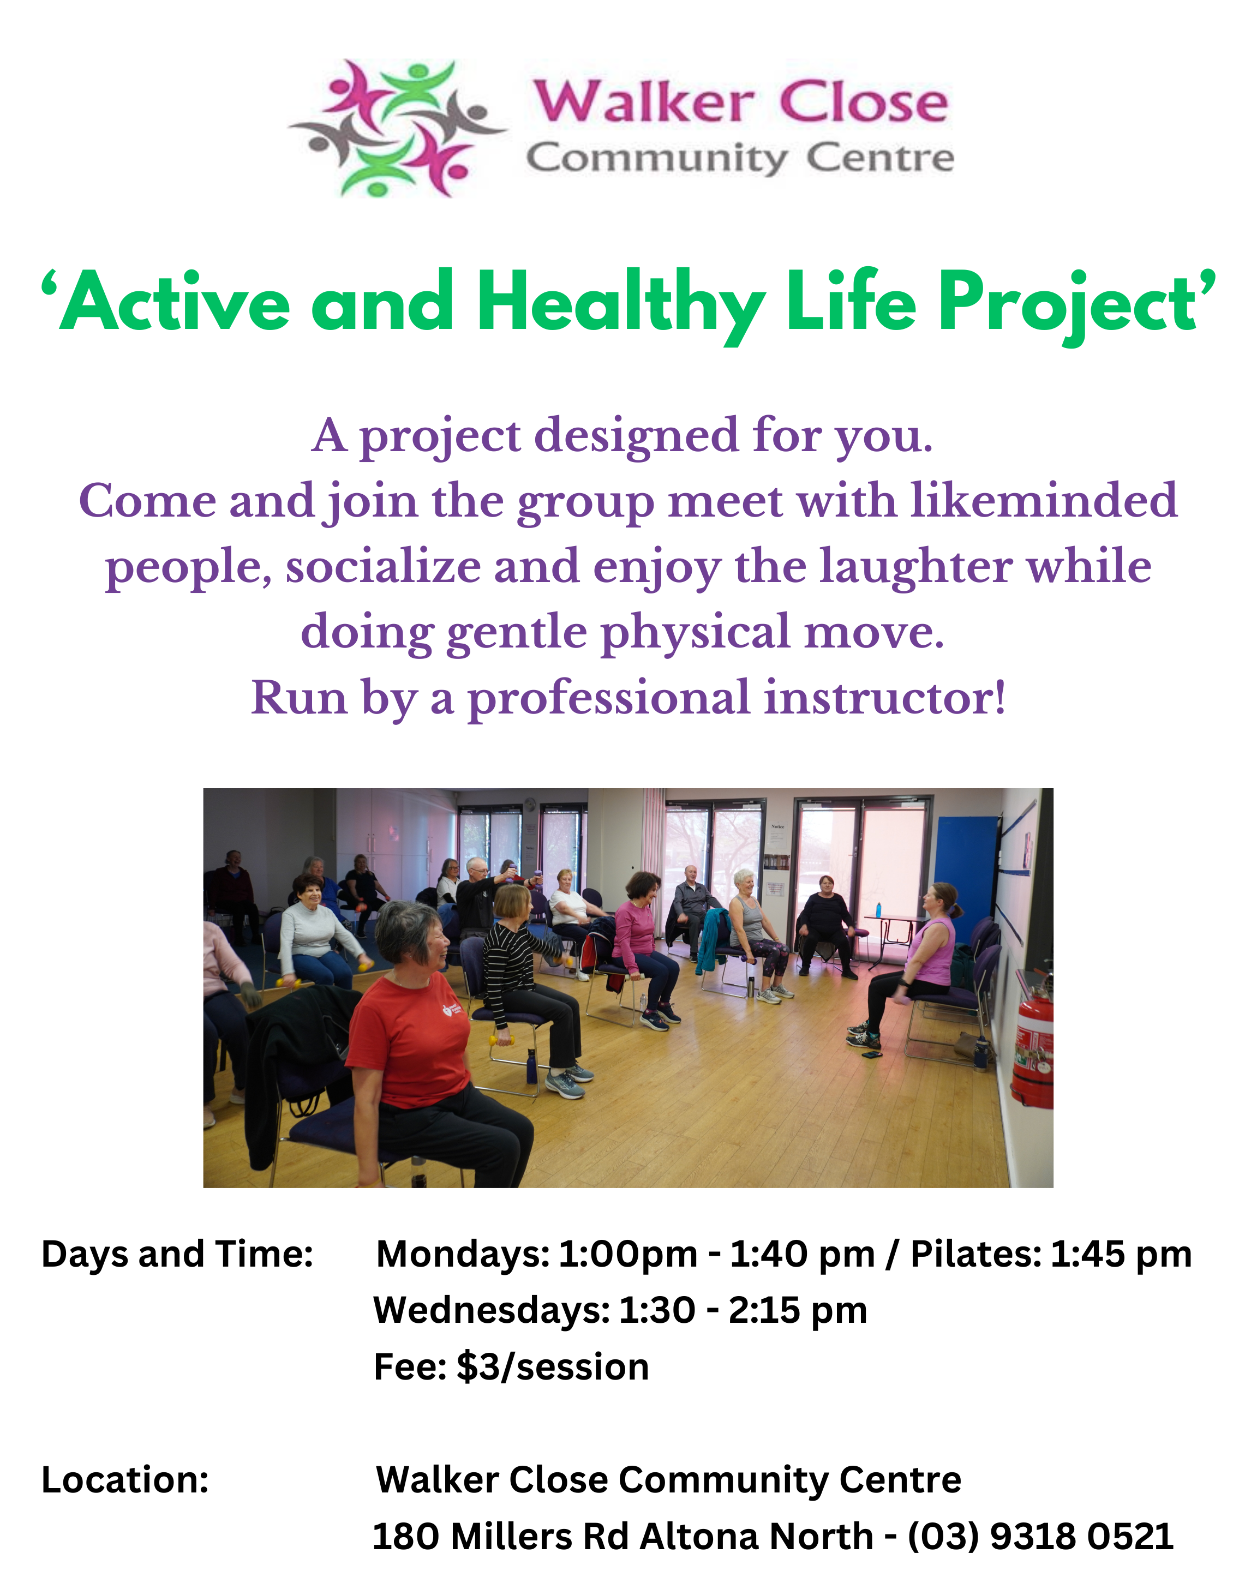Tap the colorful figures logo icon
(x=397, y=128)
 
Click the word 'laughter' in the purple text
(x=915, y=566)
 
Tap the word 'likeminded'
(x=1044, y=501)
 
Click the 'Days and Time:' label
(x=177, y=1254)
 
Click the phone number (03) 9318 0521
(x=1040, y=1536)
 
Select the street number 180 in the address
(x=406, y=1536)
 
